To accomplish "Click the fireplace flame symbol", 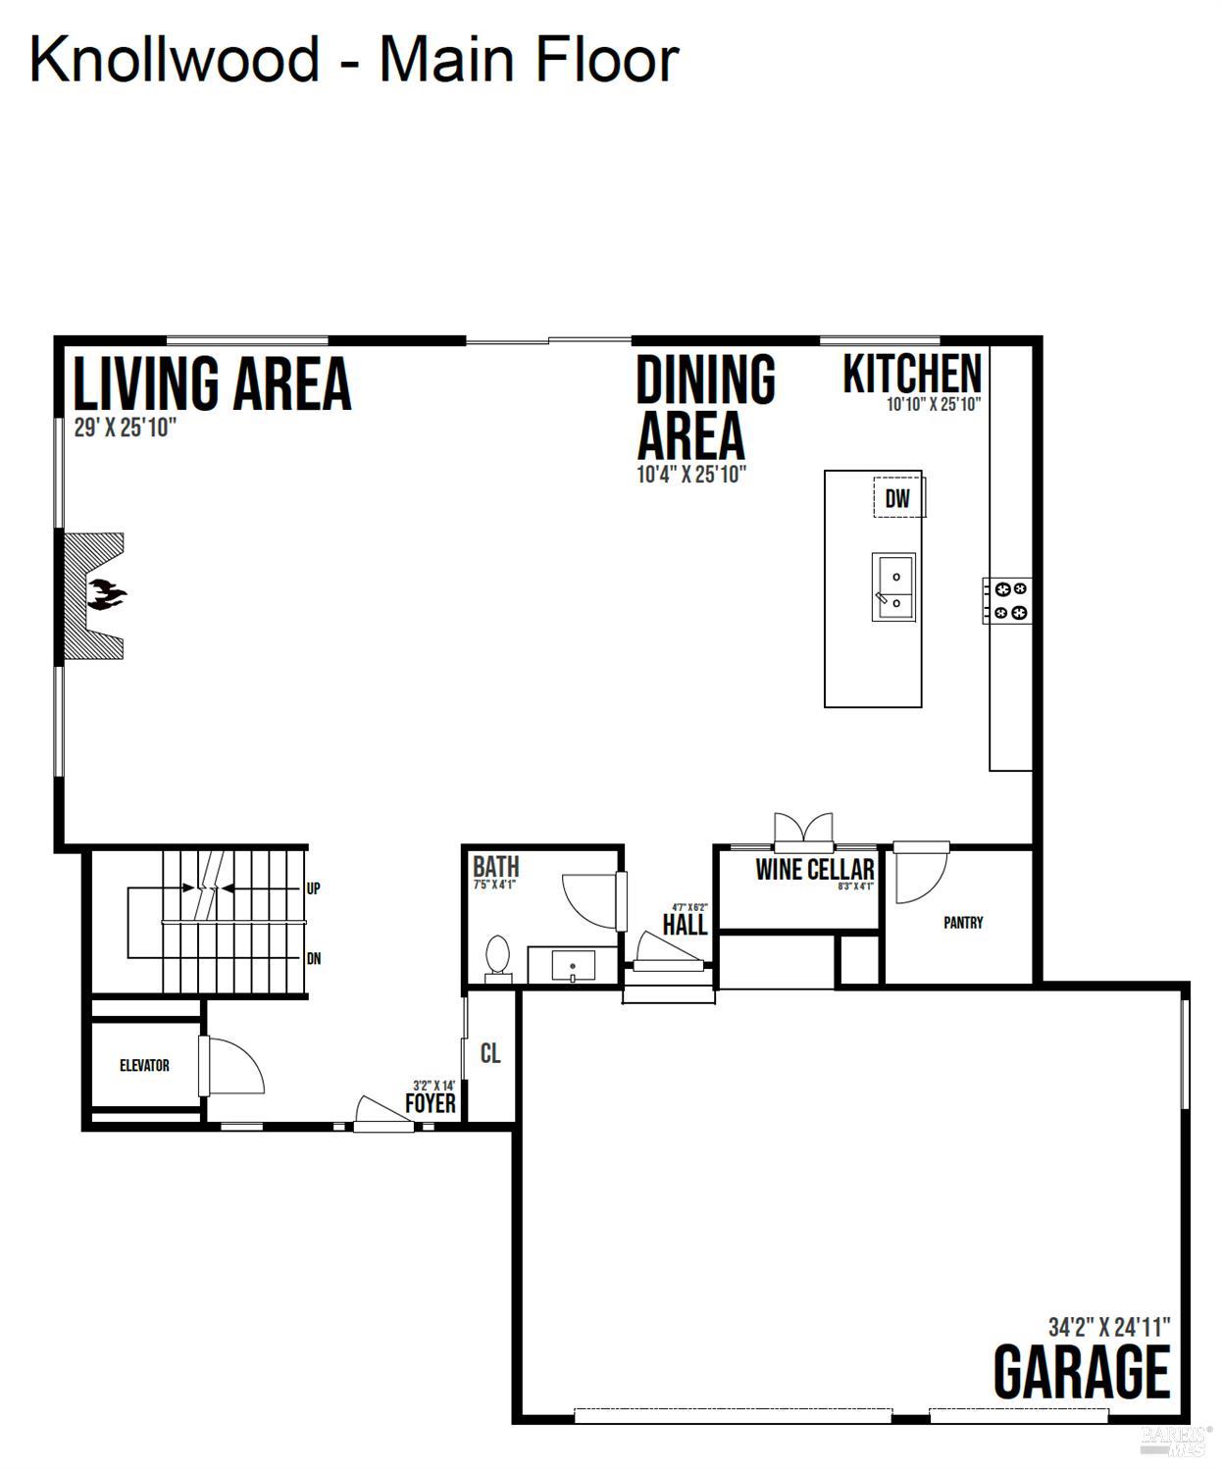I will pyautogui.click(x=106, y=594).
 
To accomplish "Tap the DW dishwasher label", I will pyautogui.click(x=897, y=498).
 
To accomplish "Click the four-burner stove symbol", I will pyautogui.click(x=1009, y=600).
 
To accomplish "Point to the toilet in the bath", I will pyautogui.click(x=498, y=957).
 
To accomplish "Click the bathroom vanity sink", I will pyautogui.click(x=573, y=966).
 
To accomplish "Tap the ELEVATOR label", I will pyautogui.click(x=144, y=1065).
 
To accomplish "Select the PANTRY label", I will pyautogui.click(x=962, y=923).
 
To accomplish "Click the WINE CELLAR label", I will pyautogui.click(x=814, y=869).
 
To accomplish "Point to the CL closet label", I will pyautogui.click(x=490, y=1053).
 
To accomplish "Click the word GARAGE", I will pyautogui.click(x=1081, y=1372).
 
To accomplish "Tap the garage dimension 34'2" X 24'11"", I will pyautogui.click(x=1108, y=1327).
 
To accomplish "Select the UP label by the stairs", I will pyautogui.click(x=313, y=888).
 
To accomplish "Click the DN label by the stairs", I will pyautogui.click(x=313, y=959).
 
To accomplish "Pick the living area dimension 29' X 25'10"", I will pyautogui.click(x=125, y=429).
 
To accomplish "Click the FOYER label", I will pyautogui.click(x=431, y=1104).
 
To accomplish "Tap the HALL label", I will pyautogui.click(x=685, y=925).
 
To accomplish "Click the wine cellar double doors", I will pyautogui.click(x=803, y=829).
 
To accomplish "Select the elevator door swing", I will pyautogui.click(x=233, y=1065).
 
